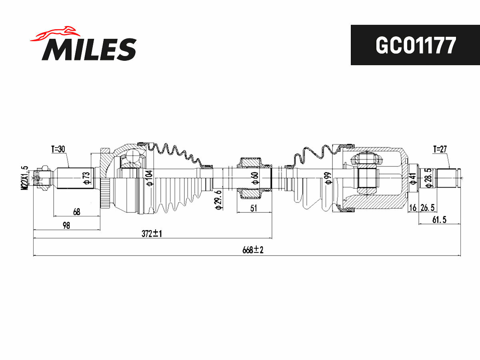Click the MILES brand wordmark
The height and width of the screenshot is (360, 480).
(x=89, y=49)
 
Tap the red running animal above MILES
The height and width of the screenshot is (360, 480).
(x=55, y=34)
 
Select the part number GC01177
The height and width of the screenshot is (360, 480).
(x=416, y=45)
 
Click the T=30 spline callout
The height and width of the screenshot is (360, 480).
(x=58, y=149)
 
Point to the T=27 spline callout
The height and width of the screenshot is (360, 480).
(x=440, y=149)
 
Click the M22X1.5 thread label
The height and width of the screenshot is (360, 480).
(x=25, y=178)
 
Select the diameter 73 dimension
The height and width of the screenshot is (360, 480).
(x=86, y=178)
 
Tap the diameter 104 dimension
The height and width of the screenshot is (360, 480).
(x=150, y=178)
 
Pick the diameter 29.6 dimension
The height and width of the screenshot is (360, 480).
(x=218, y=200)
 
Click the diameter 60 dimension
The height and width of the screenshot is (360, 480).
(x=255, y=178)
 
